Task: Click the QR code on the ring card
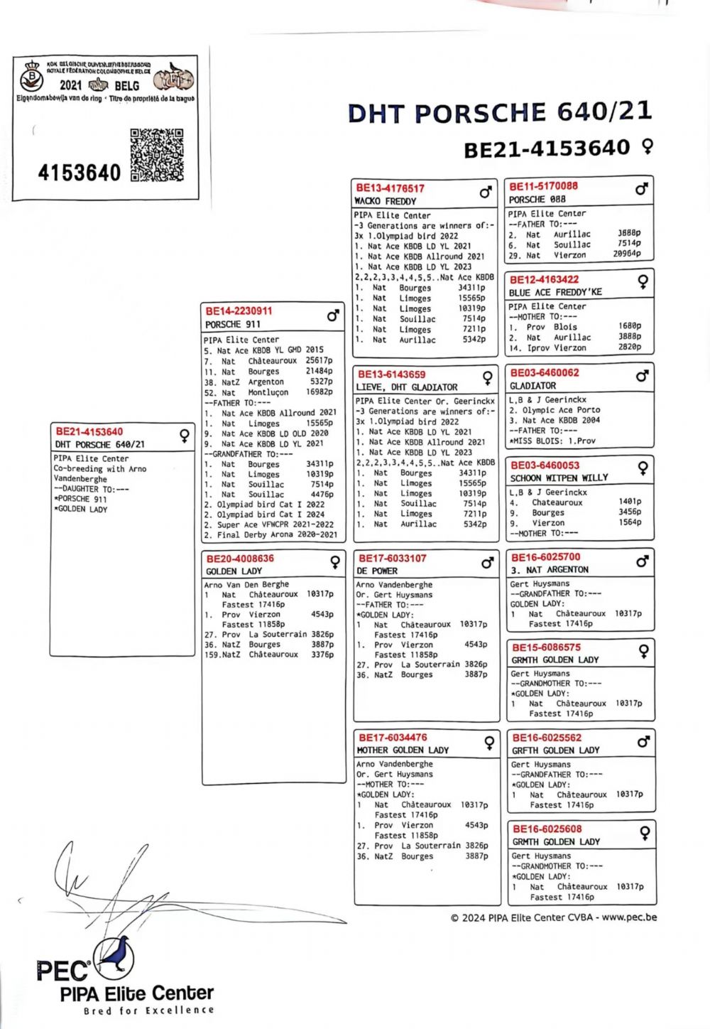157,155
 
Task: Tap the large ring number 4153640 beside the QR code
79,173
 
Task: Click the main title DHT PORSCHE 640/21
499,113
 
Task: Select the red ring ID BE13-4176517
390,188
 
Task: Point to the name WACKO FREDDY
385,201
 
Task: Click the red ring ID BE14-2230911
239,311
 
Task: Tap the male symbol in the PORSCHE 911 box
332,316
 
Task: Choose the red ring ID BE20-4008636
240,559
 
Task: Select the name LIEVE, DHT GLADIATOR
407,387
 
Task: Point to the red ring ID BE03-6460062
544,372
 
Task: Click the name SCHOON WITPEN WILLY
559,478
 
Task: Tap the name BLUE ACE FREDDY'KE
555,292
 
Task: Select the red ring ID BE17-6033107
392,559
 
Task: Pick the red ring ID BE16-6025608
547,829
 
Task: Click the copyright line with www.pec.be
553,917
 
